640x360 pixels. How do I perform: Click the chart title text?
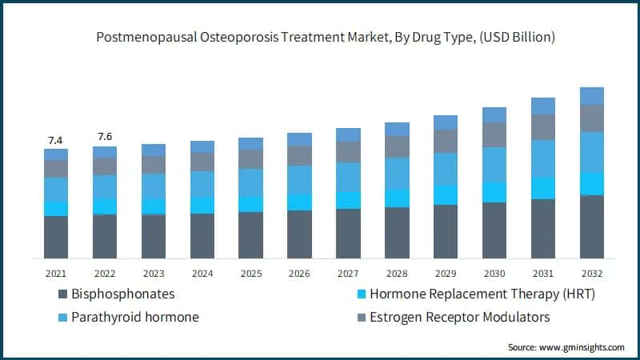pos(320,38)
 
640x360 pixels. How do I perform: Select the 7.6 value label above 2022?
pos(105,136)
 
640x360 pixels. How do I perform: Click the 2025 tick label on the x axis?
pos(250,273)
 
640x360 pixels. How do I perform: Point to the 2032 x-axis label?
pos(591,273)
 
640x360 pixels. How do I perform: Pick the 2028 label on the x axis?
pos(397,273)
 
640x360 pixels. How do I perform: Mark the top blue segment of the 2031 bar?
pos(543,106)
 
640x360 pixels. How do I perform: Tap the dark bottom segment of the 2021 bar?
pos(56,237)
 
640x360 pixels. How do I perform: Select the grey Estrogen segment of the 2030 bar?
pos(494,134)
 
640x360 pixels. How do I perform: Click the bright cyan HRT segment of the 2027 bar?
pos(348,200)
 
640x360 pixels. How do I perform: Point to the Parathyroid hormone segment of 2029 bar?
pos(446,169)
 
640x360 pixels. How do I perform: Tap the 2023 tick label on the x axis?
pos(154,273)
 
